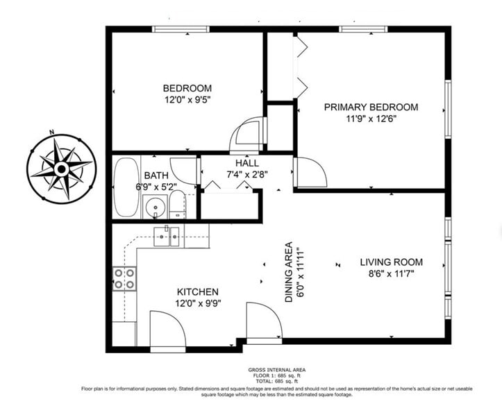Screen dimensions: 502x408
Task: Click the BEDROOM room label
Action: pyautogui.click(x=187, y=88)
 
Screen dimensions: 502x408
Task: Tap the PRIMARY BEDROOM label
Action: pyautogui.click(x=371, y=107)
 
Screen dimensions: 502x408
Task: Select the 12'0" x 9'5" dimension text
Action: pyautogui.click(x=187, y=100)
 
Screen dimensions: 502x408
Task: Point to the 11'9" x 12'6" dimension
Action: pyautogui.click(x=371, y=119)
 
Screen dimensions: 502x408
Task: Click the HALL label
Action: pyautogui.click(x=247, y=163)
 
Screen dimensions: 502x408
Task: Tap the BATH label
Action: pyautogui.click(x=156, y=176)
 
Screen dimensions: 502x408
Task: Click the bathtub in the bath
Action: pyautogui.click(x=126, y=187)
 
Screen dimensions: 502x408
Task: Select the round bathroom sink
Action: pyautogui.click(x=155, y=207)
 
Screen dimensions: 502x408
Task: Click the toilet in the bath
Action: pyautogui.click(x=177, y=205)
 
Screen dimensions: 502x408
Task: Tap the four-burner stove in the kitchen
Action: pyautogui.click(x=124, y=278)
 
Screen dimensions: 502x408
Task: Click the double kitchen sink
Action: pyautogui.click(x=167, y=237)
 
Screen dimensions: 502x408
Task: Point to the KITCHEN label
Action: pyautogui.click(x=198, y=292)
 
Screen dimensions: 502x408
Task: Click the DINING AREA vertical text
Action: pyautogui.click(x=289, y=272)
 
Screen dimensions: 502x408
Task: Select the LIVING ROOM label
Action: pyautogui.click(x=391, y=262)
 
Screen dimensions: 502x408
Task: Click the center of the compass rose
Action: pyautogui.click(x=61, y=169)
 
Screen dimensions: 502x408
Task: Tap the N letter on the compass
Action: pyautogui.click(x=51, y=132)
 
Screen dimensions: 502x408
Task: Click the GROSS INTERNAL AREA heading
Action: pyautogui.click(x=277, y=370)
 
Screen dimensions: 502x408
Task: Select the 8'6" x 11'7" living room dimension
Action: pyautogui.click(x=391, y=274)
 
